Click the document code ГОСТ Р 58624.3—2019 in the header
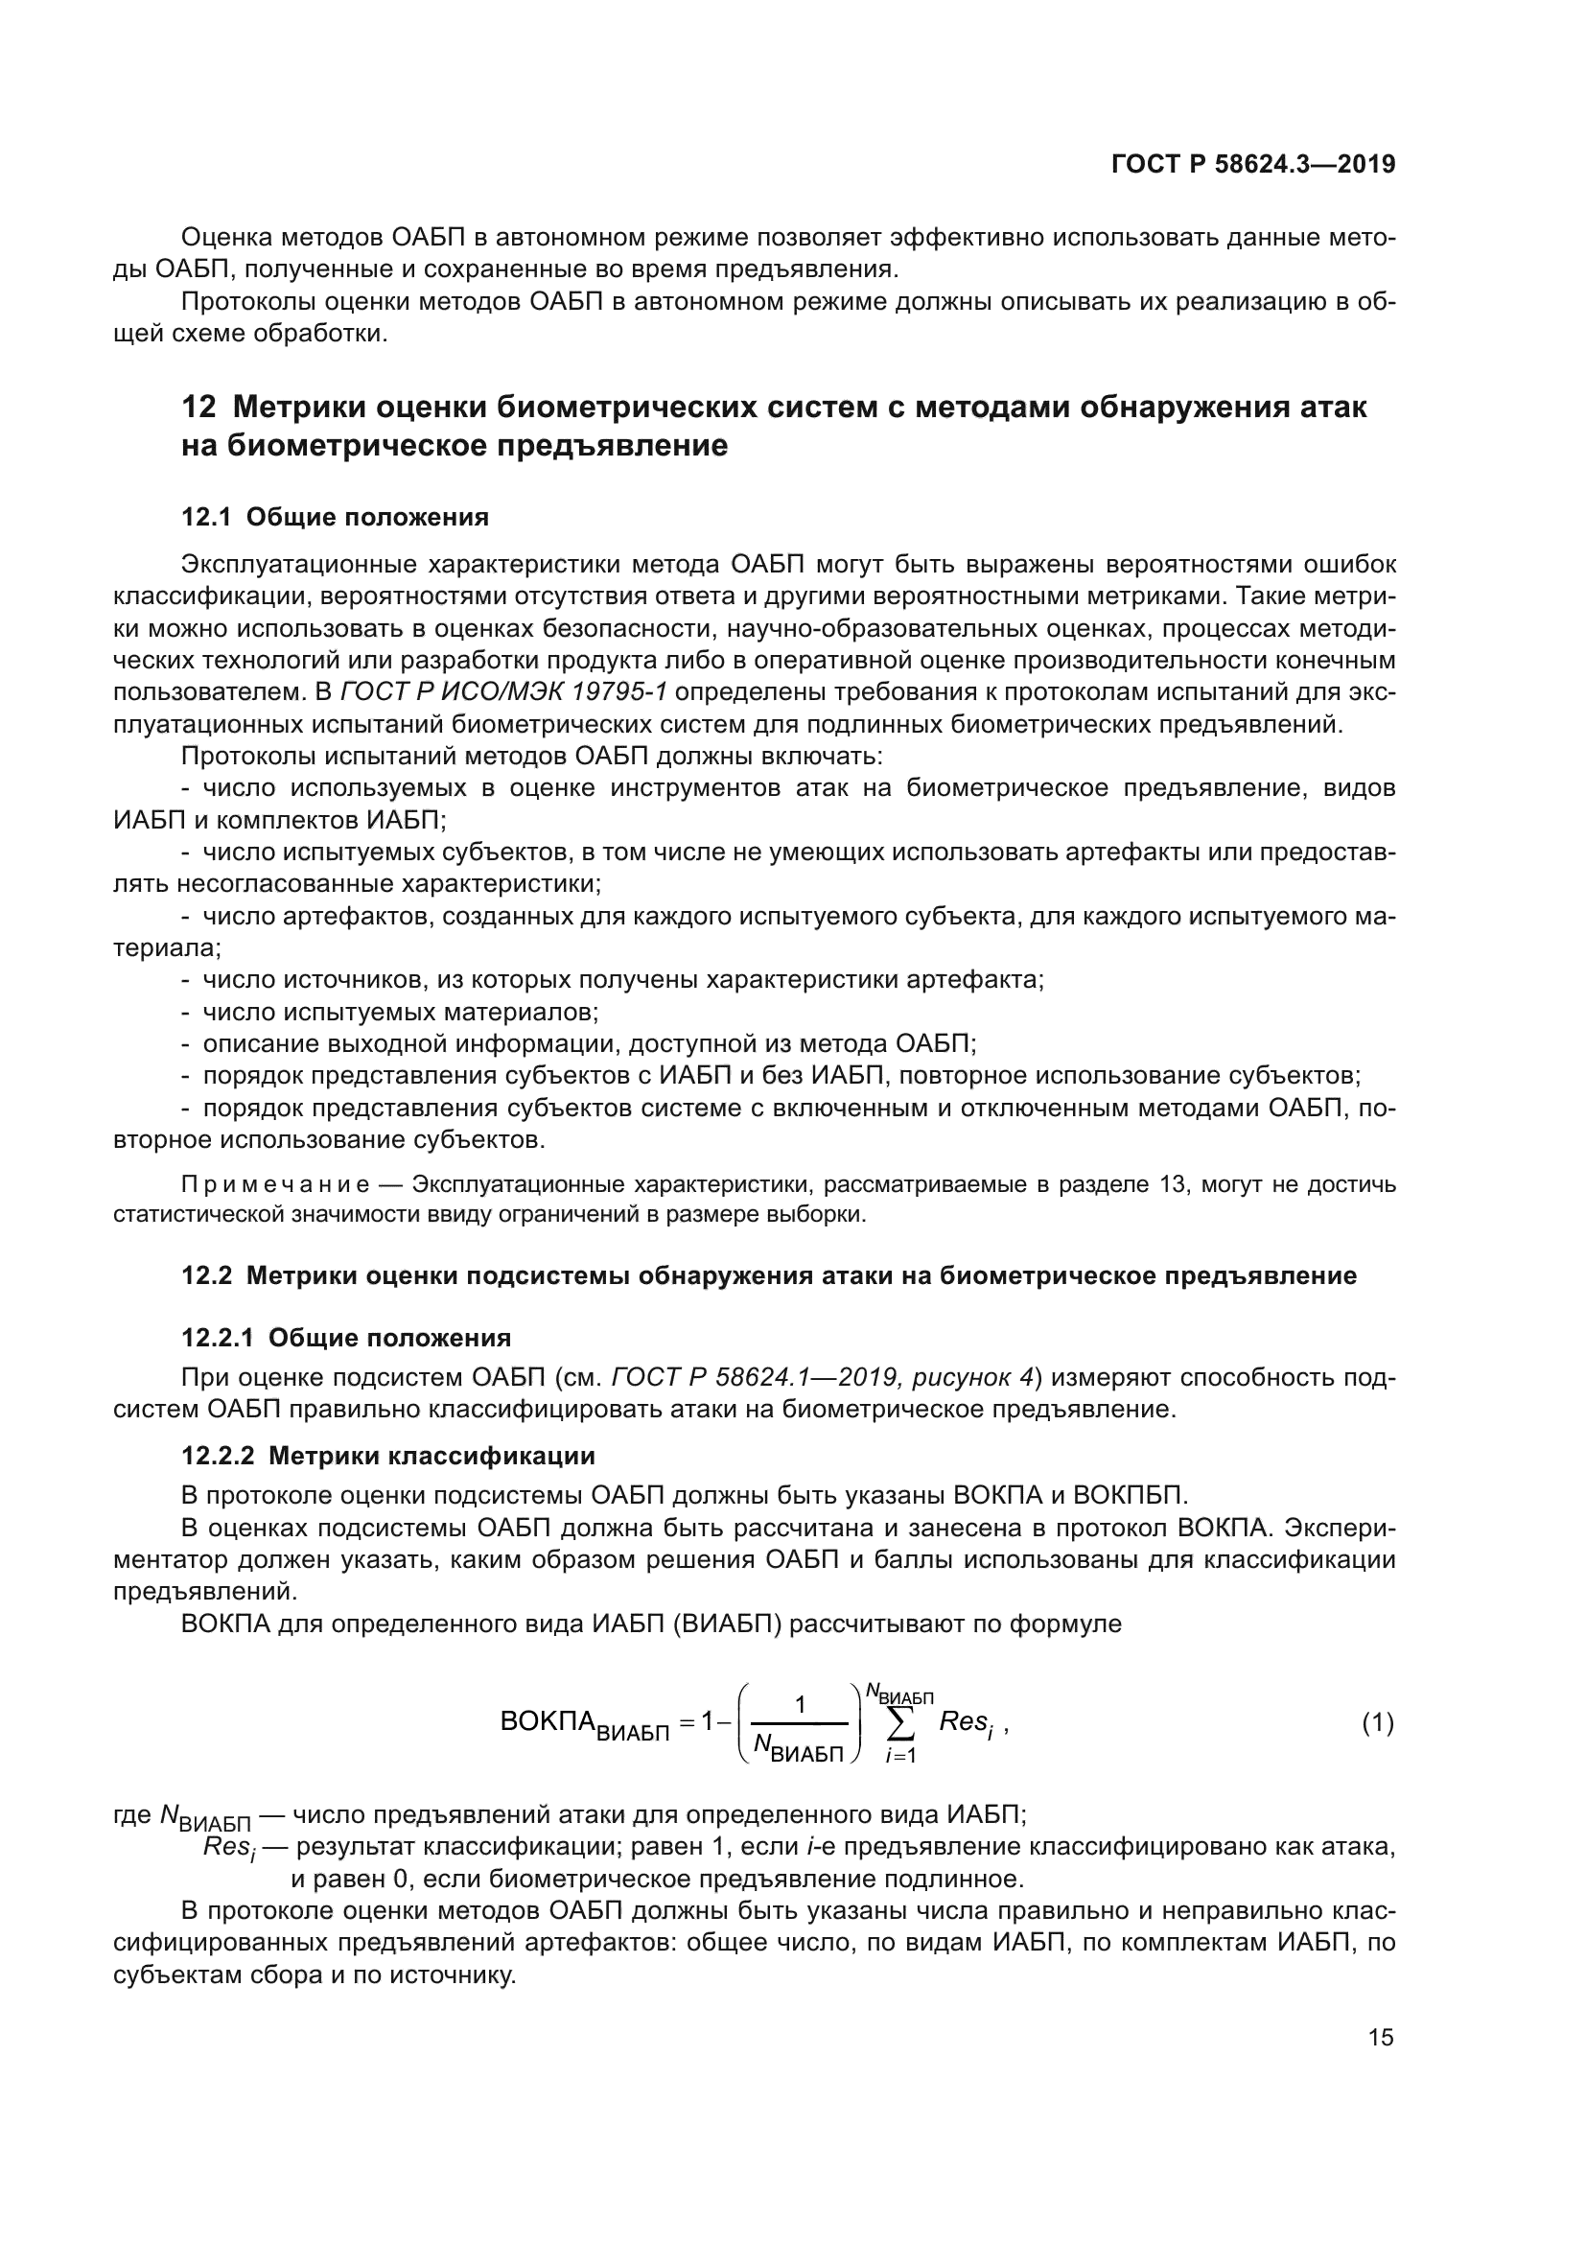1253,164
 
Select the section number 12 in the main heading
198,407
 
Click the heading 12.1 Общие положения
335,517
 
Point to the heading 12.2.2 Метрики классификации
387,1456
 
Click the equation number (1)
1378,1723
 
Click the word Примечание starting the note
275,1185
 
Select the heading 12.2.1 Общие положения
346,1338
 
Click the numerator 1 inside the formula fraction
800,1705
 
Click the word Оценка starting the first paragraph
226,238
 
